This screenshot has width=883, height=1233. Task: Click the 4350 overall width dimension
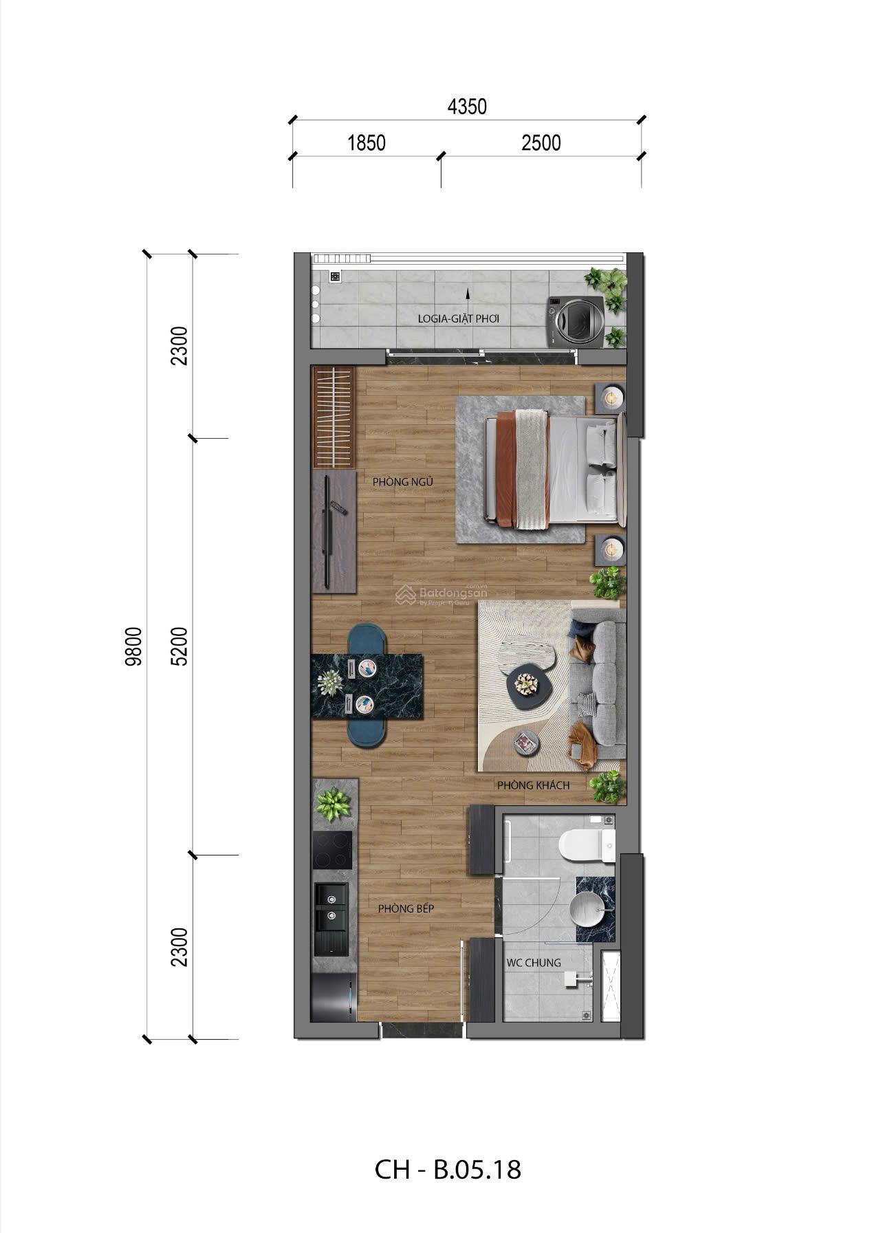pos(467,107)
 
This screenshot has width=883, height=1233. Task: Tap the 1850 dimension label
pos(367,143)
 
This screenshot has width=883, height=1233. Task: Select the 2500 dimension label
pos(541,143)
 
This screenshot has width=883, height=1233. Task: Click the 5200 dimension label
pos(180,646)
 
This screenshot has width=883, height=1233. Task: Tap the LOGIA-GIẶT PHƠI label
pos(459,319)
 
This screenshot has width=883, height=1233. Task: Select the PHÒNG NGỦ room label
pos(403,482)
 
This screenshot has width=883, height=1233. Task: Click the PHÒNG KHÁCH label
pos(534,785)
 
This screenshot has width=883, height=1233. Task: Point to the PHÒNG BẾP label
pos(406,908)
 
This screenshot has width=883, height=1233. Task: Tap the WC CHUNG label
pos(534,963)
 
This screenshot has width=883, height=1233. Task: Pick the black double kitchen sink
pos(331,918)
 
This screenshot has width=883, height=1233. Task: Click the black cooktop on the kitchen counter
pos(332,850)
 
